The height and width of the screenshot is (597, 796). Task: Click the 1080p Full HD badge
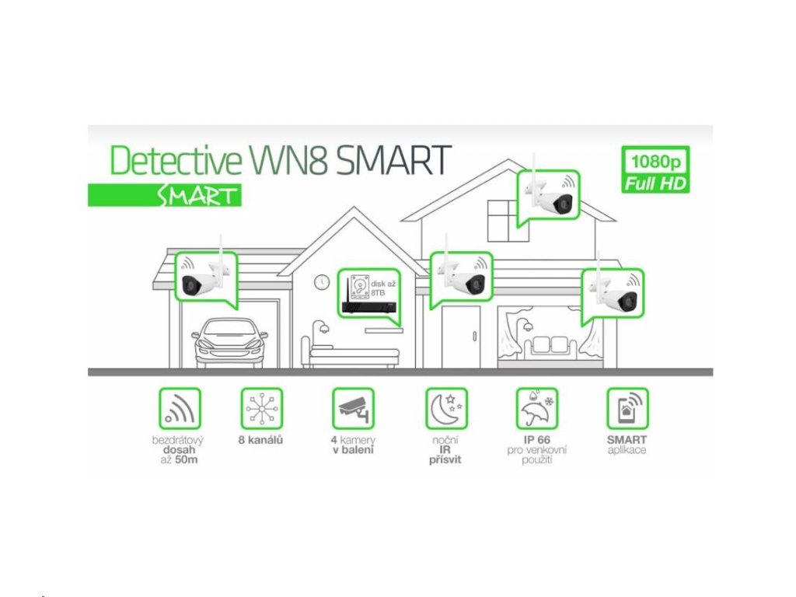pyautogui.click(x=656, y=170)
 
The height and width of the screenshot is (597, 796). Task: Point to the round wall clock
pyautogui.click(x=322, y=283)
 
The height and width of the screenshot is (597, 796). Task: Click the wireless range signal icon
pyautogui.click(x=180, y=409)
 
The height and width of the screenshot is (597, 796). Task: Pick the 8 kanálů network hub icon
pyautogui.click(x=262, y=409)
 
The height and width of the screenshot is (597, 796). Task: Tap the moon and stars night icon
pyautogui.click(x=445, y=409)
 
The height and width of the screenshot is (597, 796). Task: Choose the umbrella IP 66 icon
pyautogui.click(x=536, y=409)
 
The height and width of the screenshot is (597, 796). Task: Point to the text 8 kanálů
pyautogui.click(x=261, y=440)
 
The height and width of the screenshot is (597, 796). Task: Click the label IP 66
pyautogui.click(x=536, y=440)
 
